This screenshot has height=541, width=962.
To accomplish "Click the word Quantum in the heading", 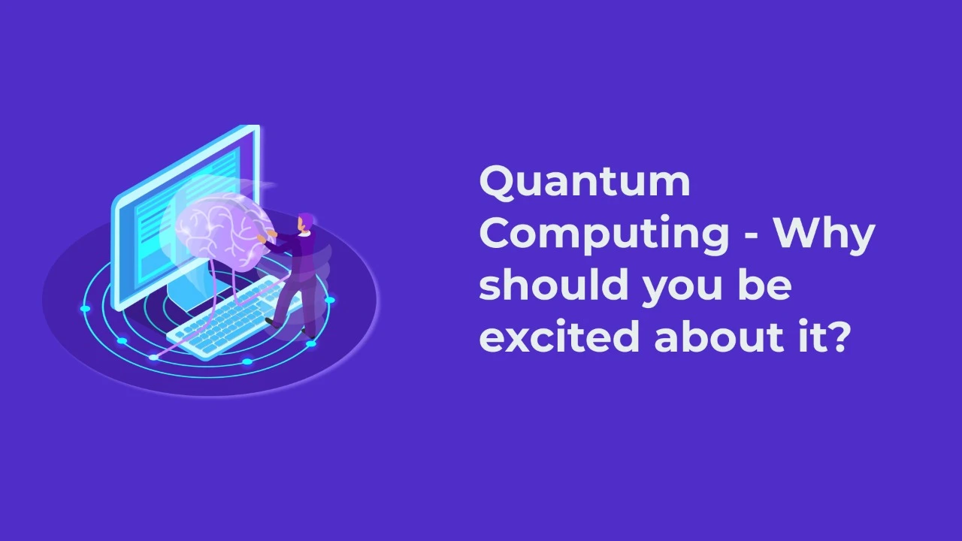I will (584, 183).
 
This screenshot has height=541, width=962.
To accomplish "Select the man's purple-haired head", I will (305, 222).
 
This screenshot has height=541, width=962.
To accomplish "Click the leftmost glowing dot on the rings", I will (85, 309).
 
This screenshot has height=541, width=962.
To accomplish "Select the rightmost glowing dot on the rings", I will (329, 301).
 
